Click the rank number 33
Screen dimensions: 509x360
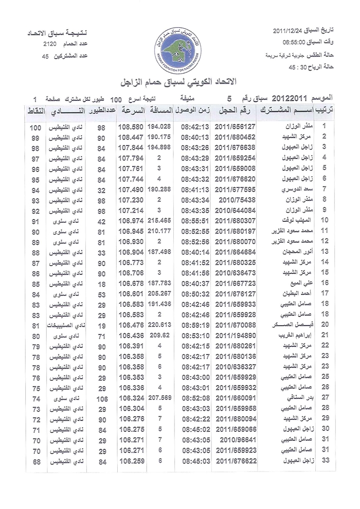coord(325,461)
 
